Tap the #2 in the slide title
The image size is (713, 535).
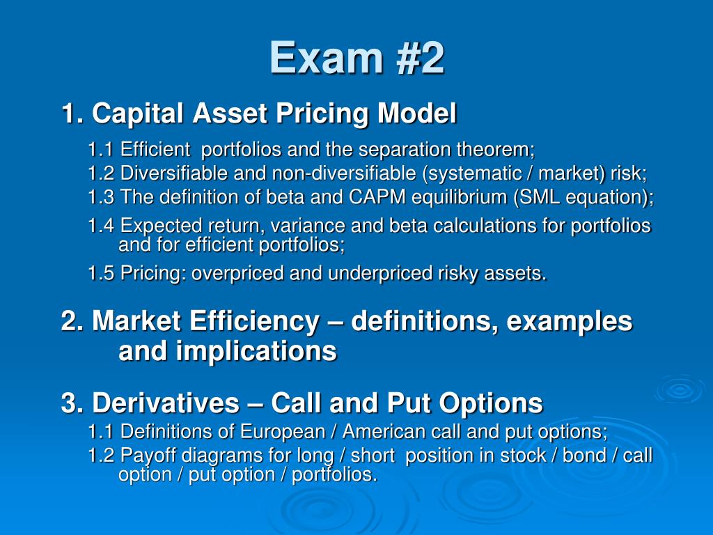pos(416,58)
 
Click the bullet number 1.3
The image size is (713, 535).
pos(102,197)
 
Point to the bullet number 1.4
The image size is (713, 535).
pos(102,226)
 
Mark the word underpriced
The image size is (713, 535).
pos(377,274)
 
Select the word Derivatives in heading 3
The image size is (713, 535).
pos(166,403)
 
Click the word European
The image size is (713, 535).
pos(283,432)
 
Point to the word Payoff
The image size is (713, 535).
pos(149,456)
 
